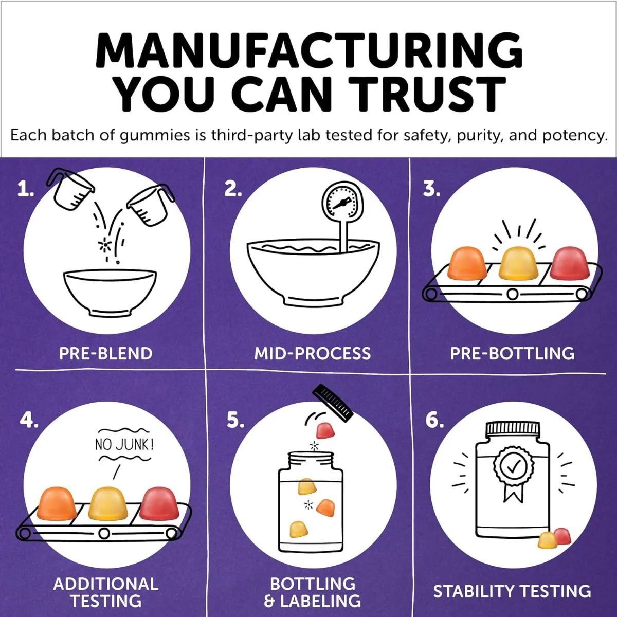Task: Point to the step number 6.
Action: coord(434,420)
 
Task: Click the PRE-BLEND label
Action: coord(106,354)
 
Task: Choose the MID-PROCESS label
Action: coord(313,354)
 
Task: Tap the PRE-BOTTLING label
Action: coord(512,354)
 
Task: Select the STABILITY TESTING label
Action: coord(512,591)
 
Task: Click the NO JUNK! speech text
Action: coord(124,445)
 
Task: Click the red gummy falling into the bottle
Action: coord(325,430)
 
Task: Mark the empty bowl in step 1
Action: coord(110,293)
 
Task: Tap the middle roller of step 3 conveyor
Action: coord(513,294)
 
